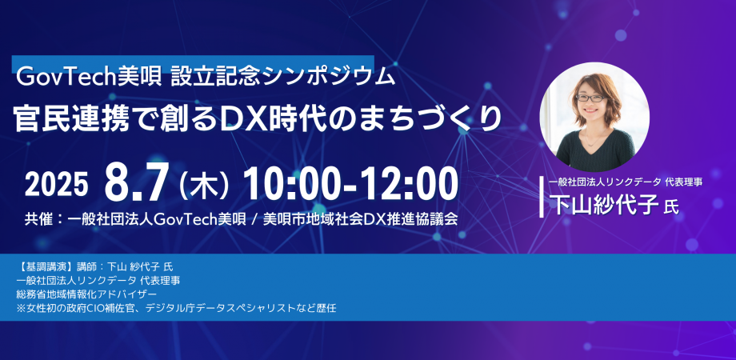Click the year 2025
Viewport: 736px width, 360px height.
pos(57,185)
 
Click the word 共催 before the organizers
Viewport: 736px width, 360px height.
pos(38,220)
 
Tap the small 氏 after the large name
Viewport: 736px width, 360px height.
pos(670,206)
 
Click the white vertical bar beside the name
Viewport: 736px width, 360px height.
pos(543,196)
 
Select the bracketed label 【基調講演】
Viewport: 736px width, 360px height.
pos(44,266)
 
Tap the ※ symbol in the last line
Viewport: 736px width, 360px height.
pos(21,308)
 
